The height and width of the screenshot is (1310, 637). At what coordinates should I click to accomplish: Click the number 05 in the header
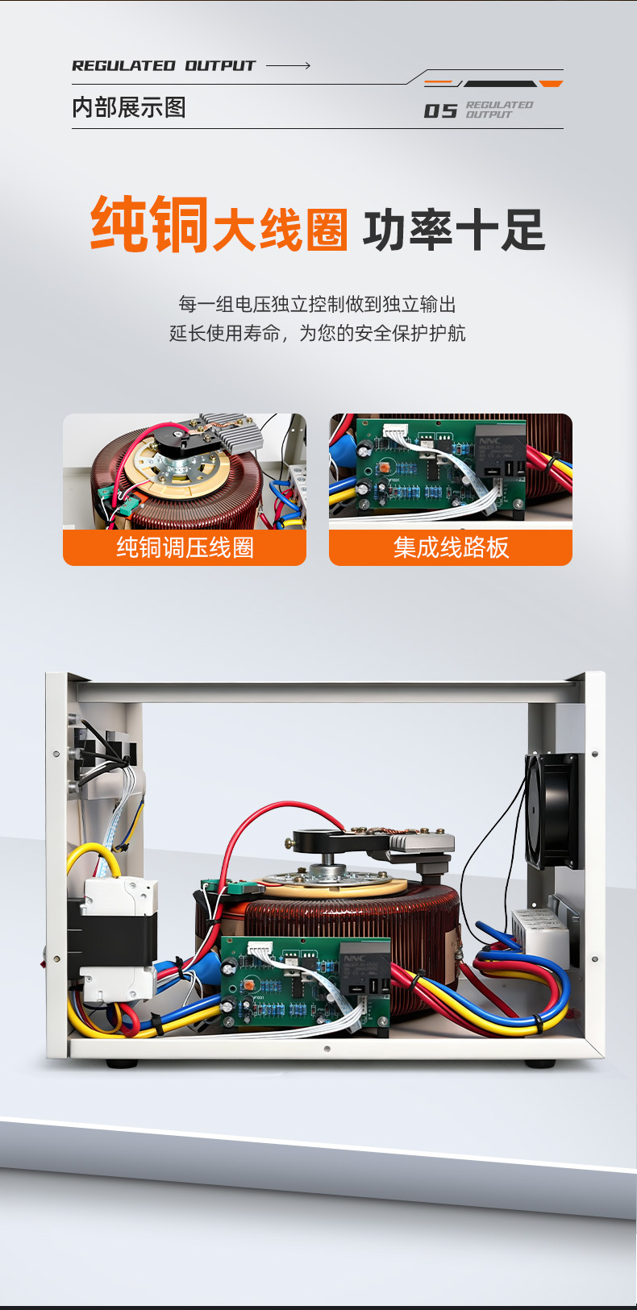pyautogui.click(x=440, y=110)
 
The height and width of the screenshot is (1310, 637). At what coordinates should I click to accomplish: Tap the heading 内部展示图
pyautogui.click(x=129, y=107)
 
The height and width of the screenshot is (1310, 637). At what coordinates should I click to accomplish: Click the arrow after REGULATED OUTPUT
pyautogui.click(x=288, y=65)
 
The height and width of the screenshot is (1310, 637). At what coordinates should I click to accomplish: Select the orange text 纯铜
pyautogui.click(x=150, y=225)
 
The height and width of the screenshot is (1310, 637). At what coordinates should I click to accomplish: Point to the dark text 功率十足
pyautogui.click(x=454, y=230)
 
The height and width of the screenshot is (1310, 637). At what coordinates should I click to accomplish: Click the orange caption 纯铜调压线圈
pyautogui.click(x=185, y=547)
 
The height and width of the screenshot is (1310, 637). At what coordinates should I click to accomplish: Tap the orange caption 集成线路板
pyautogui.click(x=451, y=547)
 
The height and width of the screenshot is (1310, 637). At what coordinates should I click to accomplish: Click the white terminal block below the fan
pyautogui.click(x=540, y=932)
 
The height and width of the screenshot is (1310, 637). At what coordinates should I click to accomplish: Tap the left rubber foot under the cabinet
pyautogui.click(x=122, y=1064)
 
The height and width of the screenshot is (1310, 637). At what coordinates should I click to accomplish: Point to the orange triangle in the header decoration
pyautogui.click(x=551, y=84)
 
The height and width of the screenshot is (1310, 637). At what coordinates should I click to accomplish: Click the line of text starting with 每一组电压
pyautogui.click(x=317, y=304)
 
